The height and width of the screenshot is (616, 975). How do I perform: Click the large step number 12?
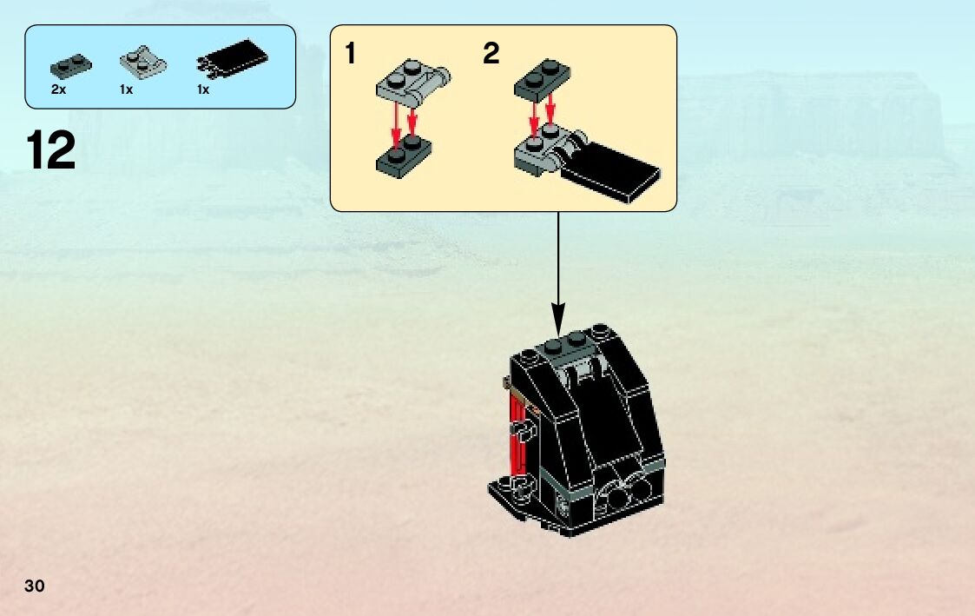click(x=51, y=151)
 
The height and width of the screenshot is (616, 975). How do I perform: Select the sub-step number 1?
click(x=350, y=55)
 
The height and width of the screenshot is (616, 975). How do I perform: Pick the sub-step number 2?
click(x=491, y=55)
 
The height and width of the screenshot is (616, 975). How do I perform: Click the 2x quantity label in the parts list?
click(x=59, y=89)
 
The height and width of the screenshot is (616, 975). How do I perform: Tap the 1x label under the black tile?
click(x=203, y=89)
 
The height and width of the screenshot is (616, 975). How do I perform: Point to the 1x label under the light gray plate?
click(x=126, y=89)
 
